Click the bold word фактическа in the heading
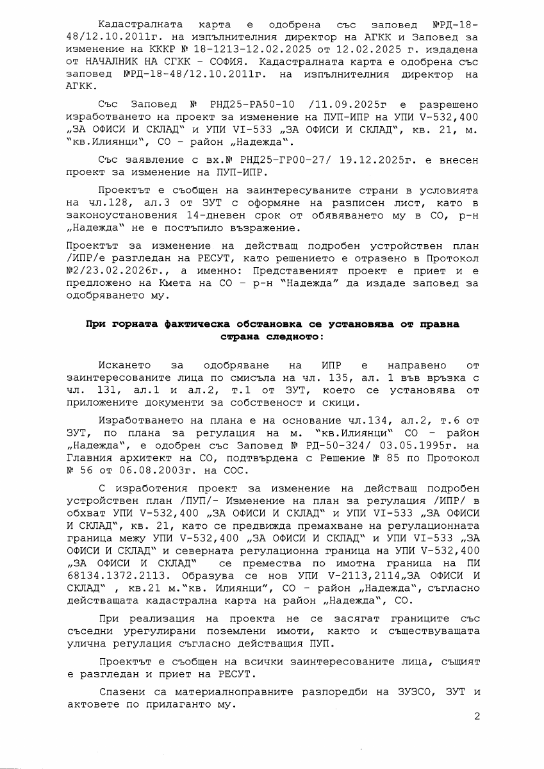pos(181,324)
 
